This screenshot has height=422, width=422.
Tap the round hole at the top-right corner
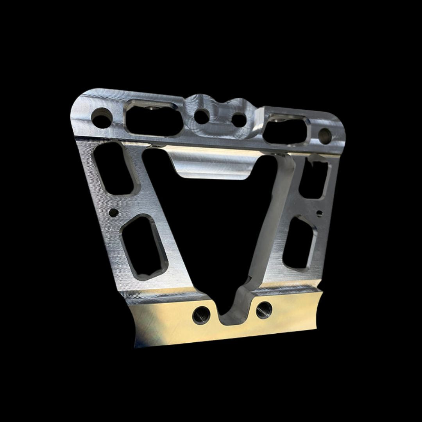click(325, 136)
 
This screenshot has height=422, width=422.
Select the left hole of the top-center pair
click(202, 116)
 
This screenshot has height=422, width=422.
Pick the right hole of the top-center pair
click(239, 120)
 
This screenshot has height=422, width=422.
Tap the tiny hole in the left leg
click(113, 213)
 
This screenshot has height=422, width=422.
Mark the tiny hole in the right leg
click(319, 213)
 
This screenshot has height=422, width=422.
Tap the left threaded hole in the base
click(201, 315)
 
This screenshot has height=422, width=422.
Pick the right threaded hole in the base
click(264, 310)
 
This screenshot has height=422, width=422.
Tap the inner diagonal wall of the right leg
click(274, 219)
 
